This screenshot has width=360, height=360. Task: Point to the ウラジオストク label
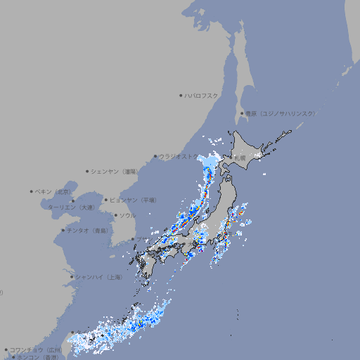(x=179, y=156)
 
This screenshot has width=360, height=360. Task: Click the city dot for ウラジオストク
(x=155, y=156)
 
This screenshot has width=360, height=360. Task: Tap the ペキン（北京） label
(x=55, y=191)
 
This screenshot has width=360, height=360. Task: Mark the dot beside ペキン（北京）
(x=32, y=191)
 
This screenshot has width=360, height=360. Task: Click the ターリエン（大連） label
(x=70, y=207)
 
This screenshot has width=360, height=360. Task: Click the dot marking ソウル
(x=114, y=215)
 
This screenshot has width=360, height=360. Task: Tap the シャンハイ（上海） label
(x=99, y=277)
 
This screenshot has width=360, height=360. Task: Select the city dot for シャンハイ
(x=72, y=277)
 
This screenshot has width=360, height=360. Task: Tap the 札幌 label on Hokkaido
(x=241, y=157)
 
